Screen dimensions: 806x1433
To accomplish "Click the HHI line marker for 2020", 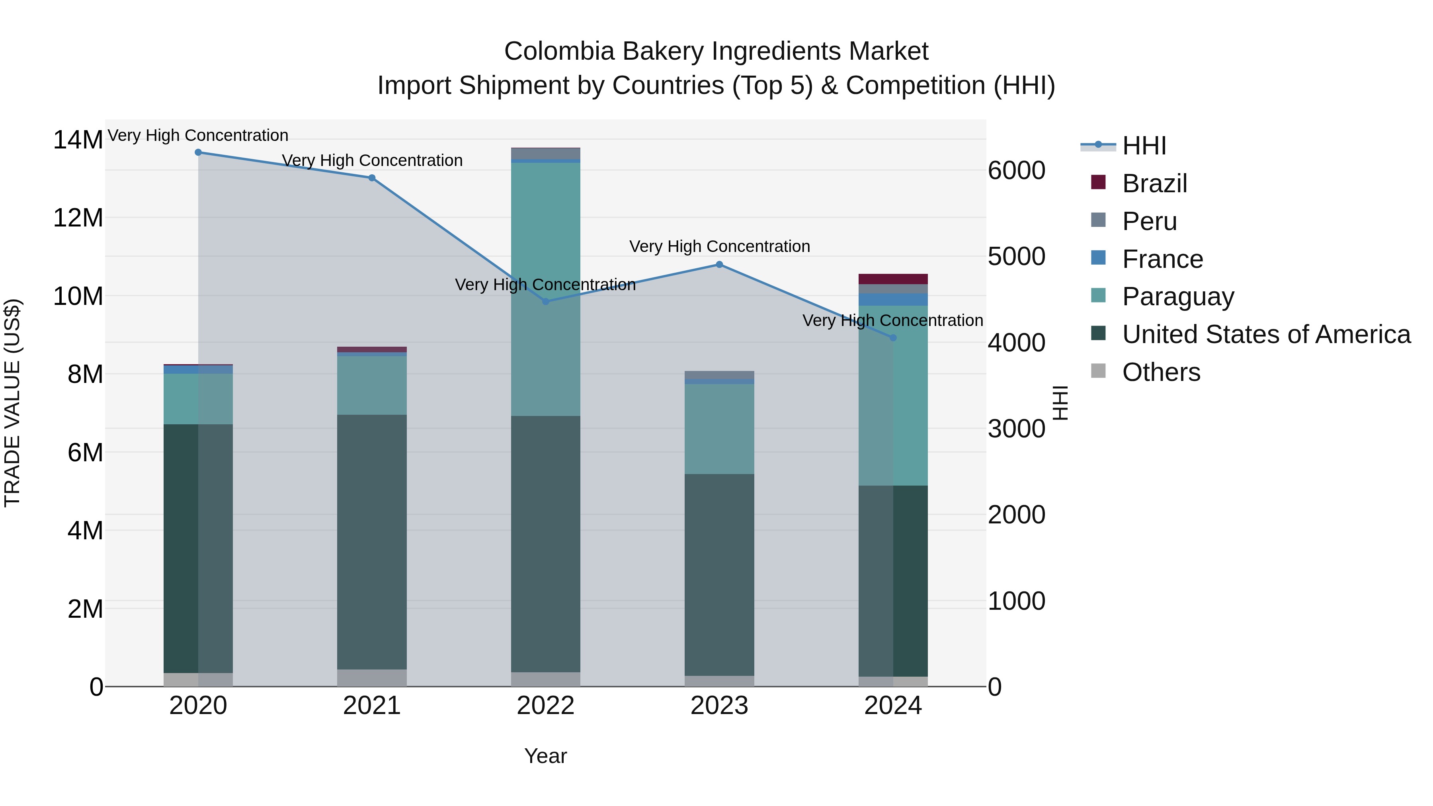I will coord(198,152).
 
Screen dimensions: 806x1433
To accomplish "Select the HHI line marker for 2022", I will coord(546,301).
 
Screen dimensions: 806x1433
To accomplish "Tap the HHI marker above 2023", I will coord(719,265).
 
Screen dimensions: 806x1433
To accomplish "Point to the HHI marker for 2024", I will coord(893,338).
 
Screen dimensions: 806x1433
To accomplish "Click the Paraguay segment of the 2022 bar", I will coord(546,289).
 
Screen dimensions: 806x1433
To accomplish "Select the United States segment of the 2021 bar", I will coord(372,543).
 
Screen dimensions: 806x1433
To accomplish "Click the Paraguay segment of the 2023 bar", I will coord(719,429).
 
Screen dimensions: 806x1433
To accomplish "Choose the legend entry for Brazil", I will coord(1154,183).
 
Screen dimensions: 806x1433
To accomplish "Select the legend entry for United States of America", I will coord(1265,334).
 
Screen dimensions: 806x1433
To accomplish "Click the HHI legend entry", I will coord(1144,146).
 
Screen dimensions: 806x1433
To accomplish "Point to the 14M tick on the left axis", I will coord(78,140).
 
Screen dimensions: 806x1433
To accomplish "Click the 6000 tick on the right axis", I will coord(1016,171).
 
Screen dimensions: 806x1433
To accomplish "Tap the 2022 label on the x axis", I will coord(546,706).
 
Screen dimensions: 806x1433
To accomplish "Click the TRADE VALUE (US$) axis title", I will coord(12,403).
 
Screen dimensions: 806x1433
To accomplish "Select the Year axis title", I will coord(546,756).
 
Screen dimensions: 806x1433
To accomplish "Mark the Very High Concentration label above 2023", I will coord(719,246).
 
